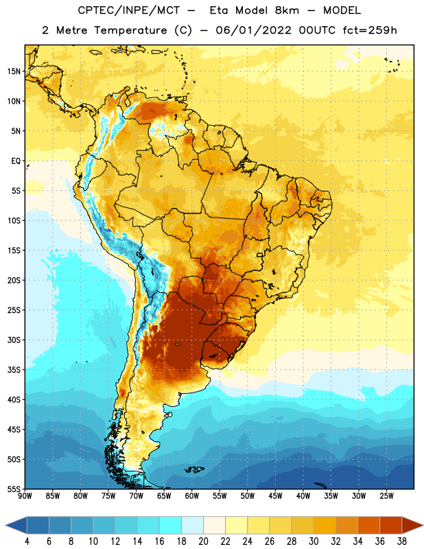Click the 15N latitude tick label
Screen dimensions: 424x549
click(14, 71)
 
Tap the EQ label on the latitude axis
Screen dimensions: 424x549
click(16, 161)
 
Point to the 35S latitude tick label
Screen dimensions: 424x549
click(14, 370)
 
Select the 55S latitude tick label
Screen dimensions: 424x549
click(14, 489)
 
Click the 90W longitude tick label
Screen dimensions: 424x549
click(25, 496)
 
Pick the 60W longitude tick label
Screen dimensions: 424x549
click(192, 496)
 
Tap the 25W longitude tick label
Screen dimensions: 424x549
click(386, 496)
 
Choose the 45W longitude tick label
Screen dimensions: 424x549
click(275, 496)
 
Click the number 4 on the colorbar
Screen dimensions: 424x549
click(27, 541)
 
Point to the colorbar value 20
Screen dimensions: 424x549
click(203, 541)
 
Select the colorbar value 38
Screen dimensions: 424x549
click(402, 541)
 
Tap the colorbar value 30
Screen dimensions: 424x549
click(314, 541)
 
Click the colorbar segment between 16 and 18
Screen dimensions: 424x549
click(171, 526)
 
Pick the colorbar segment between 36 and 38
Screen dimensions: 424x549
click(391, 526)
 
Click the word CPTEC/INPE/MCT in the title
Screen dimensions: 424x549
click(129, 10)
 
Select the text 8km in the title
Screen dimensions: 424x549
click(287, 10)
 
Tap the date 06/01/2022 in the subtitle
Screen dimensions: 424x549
click(253, 30)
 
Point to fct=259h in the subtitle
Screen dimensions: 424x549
click(370, 30)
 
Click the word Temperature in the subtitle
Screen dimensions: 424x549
click(130, 31)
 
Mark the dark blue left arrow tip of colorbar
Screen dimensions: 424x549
click(6, 526)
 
